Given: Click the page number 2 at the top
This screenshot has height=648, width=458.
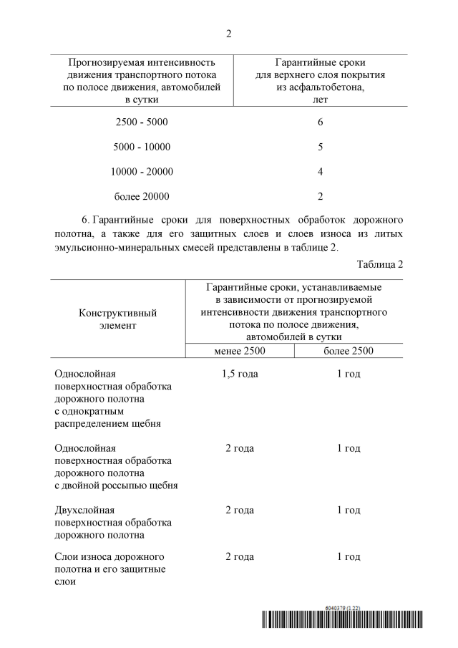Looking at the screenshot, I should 228,34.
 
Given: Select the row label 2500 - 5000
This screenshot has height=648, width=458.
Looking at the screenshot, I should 142,122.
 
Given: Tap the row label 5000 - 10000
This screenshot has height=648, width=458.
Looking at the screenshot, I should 142,147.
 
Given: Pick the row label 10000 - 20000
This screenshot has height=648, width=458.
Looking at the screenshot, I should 142,171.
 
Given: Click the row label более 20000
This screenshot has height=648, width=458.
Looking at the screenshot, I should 142,195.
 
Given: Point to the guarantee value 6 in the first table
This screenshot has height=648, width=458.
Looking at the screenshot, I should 320,122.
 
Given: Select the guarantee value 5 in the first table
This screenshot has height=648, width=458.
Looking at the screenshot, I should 320,147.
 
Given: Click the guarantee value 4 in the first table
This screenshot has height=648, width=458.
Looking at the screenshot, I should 320,171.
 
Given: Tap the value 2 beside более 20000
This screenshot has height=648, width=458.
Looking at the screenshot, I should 320,195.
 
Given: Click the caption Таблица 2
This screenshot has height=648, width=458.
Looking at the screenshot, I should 379,264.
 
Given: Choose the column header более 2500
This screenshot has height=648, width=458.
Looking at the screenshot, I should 349,350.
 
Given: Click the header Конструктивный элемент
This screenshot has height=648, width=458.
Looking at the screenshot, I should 117,319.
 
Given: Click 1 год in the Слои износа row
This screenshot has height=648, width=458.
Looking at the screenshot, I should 349,556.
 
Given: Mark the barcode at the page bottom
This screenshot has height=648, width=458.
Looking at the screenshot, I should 341,620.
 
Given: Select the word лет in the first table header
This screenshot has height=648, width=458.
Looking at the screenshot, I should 320,100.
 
